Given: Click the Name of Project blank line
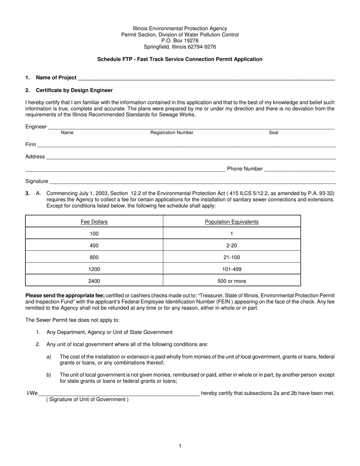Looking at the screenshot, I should point(206,78).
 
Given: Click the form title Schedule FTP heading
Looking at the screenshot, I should point(180,59).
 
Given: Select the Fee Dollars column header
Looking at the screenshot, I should point(94,222).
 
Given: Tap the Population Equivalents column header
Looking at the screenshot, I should point(232,222).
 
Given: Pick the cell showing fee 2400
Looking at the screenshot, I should point(94,281).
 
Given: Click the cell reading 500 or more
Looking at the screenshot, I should point(232,281).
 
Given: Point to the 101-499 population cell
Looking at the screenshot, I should point(232,269).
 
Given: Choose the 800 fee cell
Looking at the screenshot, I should point(94,258).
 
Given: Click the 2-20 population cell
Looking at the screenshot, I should point(232,246).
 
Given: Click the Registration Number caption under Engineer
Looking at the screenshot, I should point(172,133).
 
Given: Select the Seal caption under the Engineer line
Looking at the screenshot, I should point(273,133).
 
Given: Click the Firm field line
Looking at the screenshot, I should point(186,145).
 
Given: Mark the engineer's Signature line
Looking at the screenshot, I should point(193,182).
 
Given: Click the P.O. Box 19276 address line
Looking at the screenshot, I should point(180,41).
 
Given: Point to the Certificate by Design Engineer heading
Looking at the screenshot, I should point(74,90).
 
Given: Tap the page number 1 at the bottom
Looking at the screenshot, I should point(180,446).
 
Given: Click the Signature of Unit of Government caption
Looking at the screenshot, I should point(87,399).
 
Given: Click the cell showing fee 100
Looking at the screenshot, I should point(94,234).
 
